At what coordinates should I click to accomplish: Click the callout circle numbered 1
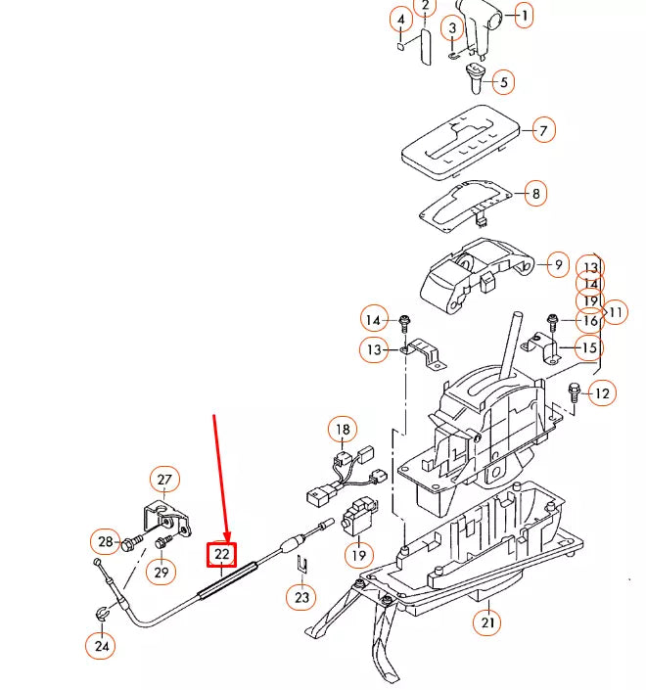tap(524, 16)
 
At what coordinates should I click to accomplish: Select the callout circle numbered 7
tap(540, 129)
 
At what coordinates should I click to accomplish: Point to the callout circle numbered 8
tap(535, 194)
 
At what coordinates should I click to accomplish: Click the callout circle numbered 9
tap(556, 264)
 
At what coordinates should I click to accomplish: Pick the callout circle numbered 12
tap(601, 393)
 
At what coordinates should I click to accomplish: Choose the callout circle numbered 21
tap(486, 621)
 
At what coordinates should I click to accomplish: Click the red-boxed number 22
tap(222, 554)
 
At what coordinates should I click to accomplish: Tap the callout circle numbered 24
tap(101, 645)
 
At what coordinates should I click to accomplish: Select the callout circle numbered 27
tap(163, 480)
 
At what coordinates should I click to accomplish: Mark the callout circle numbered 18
tap(343, 430)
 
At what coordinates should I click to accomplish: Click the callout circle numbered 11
tap(616, 313)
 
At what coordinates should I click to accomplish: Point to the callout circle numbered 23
tap(301, 596)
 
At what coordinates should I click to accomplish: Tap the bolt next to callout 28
tap(133, 542)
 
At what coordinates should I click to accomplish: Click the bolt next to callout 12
tap(574, 391)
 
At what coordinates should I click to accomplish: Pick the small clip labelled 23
tap(301, 565)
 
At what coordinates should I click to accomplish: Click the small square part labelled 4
tap(400, 44)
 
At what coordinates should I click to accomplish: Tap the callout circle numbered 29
tap(161, 570)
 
